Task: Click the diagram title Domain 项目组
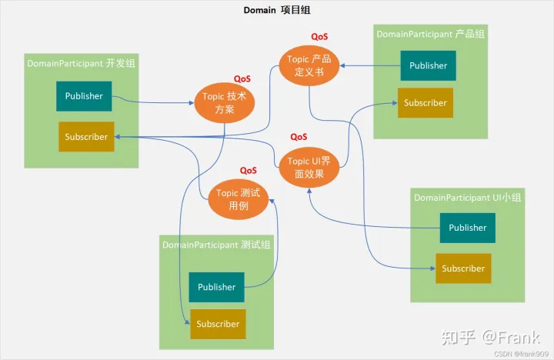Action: coord(277,10)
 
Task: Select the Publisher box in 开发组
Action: coord(84,96)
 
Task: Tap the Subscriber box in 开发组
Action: coord(86,137)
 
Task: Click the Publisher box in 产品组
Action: coord(428,65)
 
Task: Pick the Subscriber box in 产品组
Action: coord(425,103)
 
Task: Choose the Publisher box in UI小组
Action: coord(468,228)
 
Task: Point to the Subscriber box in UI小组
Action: coord(463,268)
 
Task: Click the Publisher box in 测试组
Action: coord(216,287)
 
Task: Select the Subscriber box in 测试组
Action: coord(218,324)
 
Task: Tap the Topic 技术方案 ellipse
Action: coord(225,103)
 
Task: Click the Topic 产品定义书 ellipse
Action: coord(309,65)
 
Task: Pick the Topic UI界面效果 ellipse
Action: coord(309,168)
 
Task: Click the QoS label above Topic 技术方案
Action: coord(242,78)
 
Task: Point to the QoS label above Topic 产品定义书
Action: coord(319,36)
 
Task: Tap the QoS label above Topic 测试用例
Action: coord(249,171)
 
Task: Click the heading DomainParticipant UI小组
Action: coord(468,198)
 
